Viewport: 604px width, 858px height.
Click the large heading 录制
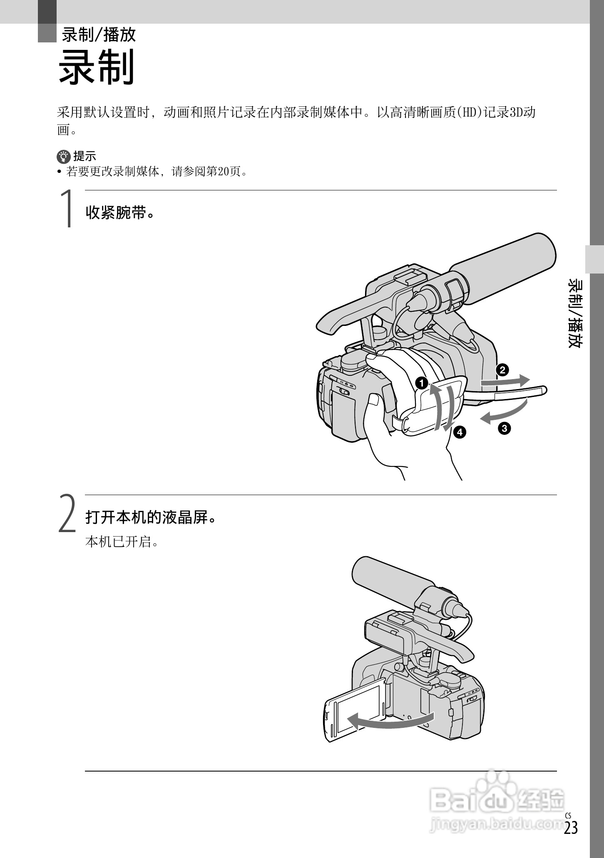point(97,67)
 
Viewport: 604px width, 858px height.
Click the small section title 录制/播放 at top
point(99,35)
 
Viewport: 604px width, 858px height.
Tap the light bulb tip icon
point(64,156)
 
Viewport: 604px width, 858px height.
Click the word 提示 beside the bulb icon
point(85,156)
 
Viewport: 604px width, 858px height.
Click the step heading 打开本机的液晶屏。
point(151,518)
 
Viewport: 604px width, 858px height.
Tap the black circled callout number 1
point(422,383)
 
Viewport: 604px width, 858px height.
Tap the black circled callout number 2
point(502,370)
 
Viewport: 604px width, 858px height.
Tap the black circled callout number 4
point(459,432)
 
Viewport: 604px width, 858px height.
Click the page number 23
point(571,828)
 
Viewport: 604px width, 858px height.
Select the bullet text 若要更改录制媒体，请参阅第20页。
point(157,171)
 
